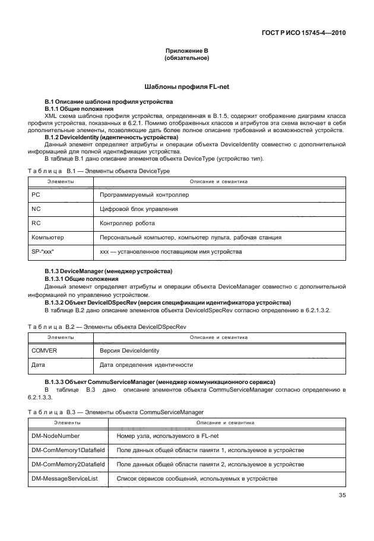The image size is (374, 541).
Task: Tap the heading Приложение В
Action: click(x=186, y=52)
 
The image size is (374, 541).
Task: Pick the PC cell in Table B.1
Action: click(x=36, y=194)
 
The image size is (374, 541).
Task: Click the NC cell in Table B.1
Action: click(x=36, y=209)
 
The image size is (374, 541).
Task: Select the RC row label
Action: click(x=36, y=223)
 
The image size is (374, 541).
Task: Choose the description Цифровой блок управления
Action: click(x=139, y=209)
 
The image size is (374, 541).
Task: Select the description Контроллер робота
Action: click(x=127, y=223)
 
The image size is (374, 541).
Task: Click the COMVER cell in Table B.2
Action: click(x=44, y=350)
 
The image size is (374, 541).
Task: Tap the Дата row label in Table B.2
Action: click(x=39, y=364)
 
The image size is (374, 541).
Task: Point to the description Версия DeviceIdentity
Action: click(x=129, y=350)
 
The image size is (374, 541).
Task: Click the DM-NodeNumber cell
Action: click(x=55, y=436)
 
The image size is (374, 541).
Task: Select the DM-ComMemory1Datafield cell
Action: click(x=68, y=450)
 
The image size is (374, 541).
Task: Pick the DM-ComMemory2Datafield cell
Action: click(x=68, y=464)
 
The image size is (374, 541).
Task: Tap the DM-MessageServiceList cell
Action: click(x=65, y=478)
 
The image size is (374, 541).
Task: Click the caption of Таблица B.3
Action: click(x=115, y=411)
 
